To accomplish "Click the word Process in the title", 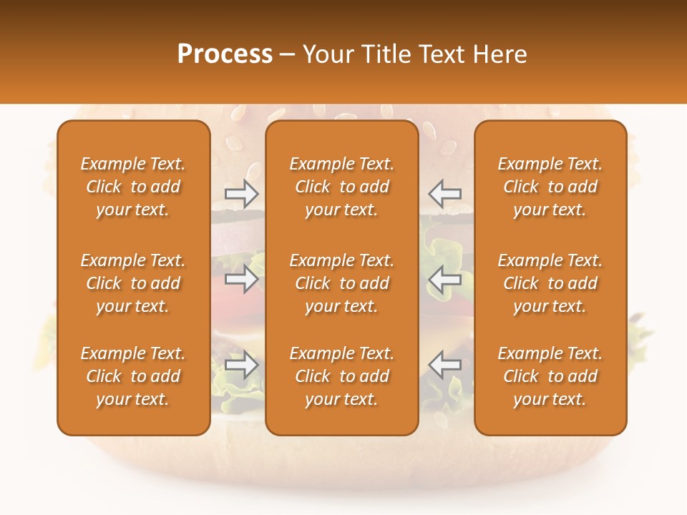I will tap(225, 54).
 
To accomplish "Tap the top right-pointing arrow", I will tap(241, 193).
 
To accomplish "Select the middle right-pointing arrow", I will tap(241, 279).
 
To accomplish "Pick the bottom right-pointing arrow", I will tap(241, 365).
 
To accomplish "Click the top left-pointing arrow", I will tap(445, 193).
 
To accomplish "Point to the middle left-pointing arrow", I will tap(445, 279).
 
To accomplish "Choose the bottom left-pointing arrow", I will tap(445, 365).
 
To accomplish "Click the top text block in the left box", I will tap(133, 187).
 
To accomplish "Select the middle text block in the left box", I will tap(133, 283).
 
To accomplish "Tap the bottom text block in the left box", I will tap(133, 376).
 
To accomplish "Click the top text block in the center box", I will tap(341, 187).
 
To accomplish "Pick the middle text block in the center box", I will tap(341, 283).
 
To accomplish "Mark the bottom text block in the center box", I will tap(341, 376).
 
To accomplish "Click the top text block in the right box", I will tap(550, 187).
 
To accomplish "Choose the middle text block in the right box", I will tap(550, 283).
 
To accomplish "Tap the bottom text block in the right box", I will tap(550, 376).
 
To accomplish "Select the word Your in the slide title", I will tap(328, 54).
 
